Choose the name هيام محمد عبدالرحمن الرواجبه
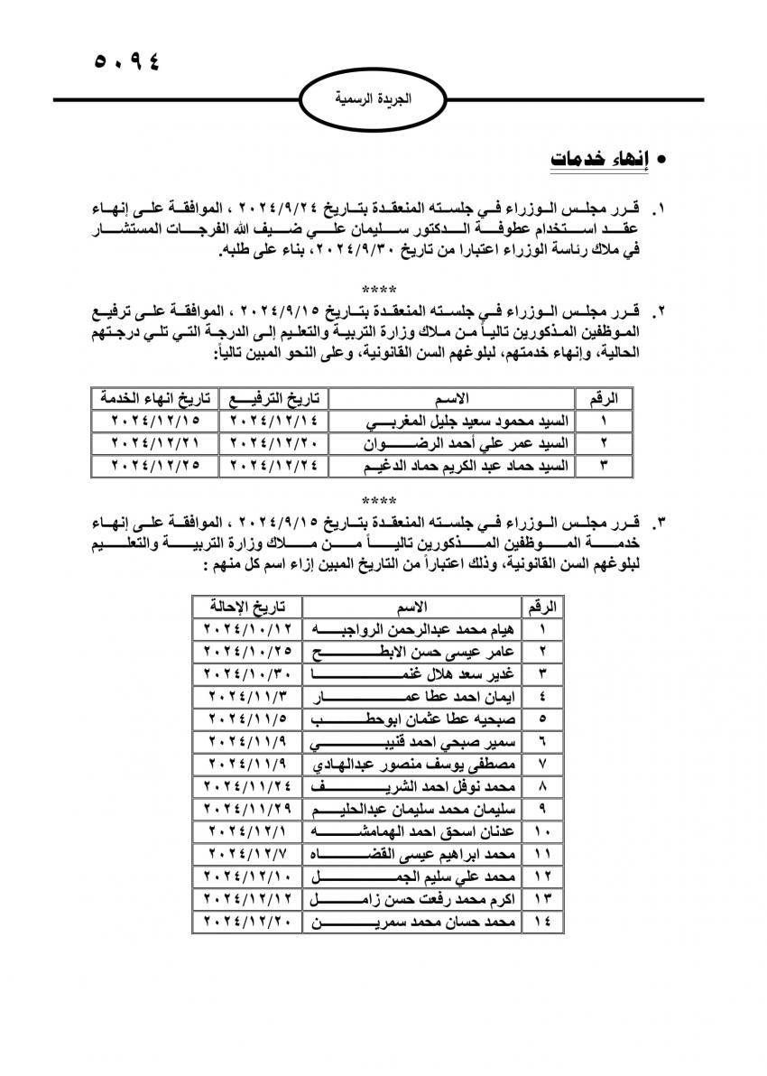pyautogui.click(x=413, y=628)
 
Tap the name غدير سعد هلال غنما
pyautogui.click(x=413, y=673)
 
